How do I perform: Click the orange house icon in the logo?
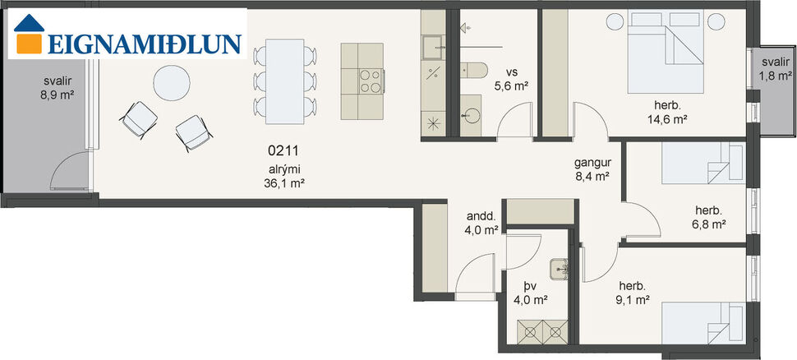30,36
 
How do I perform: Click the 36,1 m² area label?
285,185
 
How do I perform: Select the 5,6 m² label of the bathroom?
511,85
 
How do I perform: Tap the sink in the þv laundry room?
561,266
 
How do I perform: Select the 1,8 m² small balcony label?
772,70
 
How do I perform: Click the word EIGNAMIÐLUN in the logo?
145,44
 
